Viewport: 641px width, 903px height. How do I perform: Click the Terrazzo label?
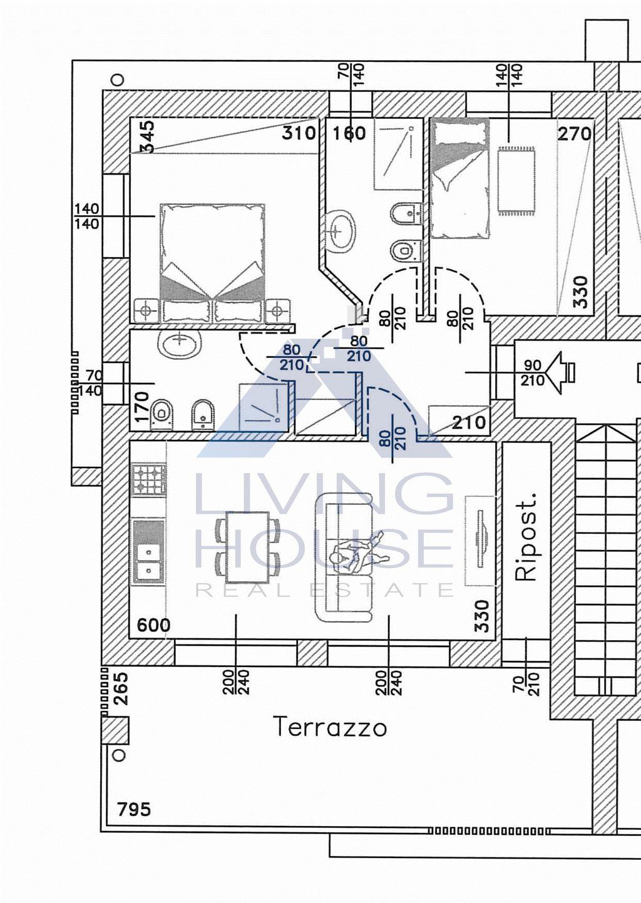[330, 727]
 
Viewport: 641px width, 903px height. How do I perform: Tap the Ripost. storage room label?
[527, 536]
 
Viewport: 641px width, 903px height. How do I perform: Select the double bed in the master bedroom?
[212, 263]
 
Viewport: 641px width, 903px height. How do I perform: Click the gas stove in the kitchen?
[148, 480]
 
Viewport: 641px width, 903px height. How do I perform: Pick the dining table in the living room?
[247, 548]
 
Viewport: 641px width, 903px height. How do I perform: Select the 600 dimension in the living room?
[153, 625]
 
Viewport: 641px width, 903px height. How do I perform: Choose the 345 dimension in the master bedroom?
[147, 136]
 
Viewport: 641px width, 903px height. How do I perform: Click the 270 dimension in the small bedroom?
[574, 133]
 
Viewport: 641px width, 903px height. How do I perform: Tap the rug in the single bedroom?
[516, 182]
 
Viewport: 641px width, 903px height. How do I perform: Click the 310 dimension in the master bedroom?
[299, 133]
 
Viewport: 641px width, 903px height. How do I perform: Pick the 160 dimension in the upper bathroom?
[349, 133]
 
